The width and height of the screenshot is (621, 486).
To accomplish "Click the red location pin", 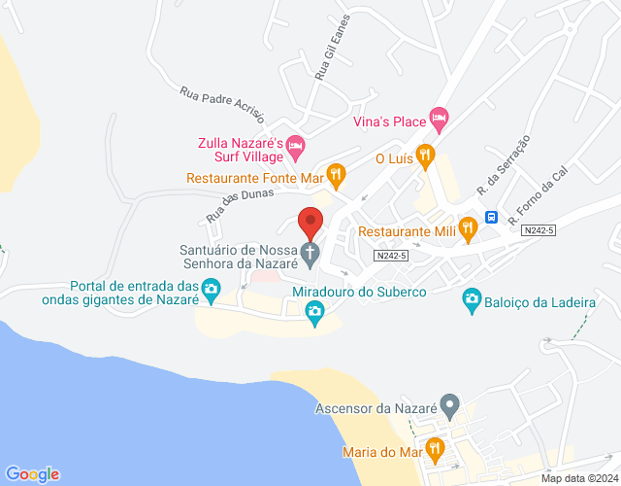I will (x=310, y=223).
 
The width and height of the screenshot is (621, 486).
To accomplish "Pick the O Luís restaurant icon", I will (x=424, y=158).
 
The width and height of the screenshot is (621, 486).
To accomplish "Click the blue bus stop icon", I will (x=492, y=217).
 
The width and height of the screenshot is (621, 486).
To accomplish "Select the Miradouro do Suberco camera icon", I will (x=314, y=311).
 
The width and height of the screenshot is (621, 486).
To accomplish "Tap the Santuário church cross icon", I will (x=310, y=255).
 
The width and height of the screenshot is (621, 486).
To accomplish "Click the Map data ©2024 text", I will (x=578, y=477).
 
